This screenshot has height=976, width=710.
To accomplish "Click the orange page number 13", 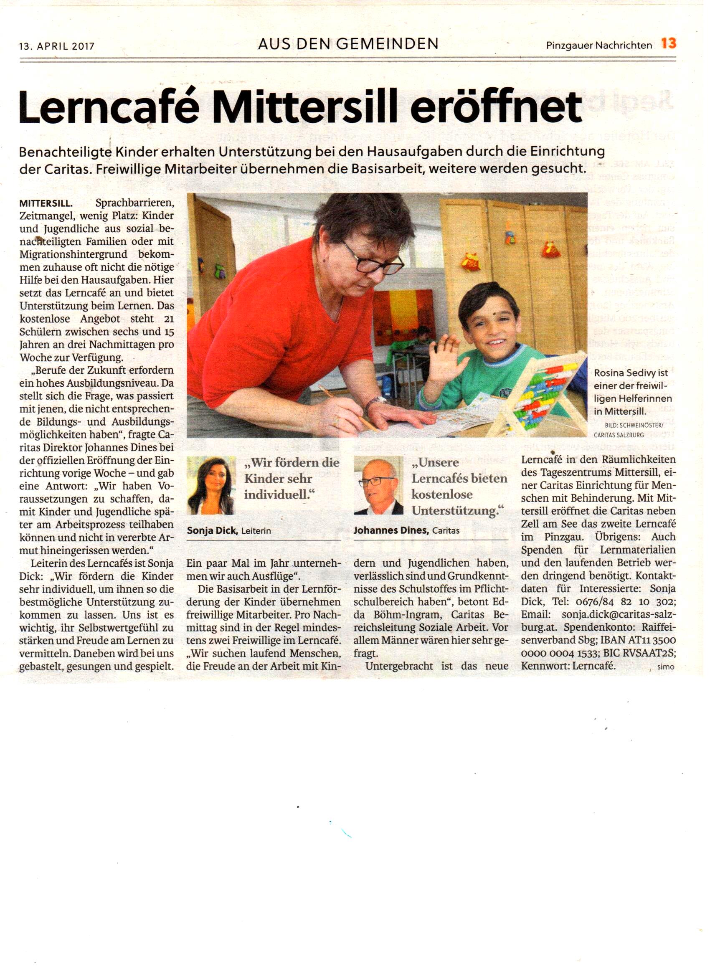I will [669, 43].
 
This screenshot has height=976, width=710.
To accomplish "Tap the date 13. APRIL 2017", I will [56, 46].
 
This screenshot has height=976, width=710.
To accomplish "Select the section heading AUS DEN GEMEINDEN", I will [348, 44].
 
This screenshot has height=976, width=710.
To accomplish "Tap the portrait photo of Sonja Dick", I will [211, 485].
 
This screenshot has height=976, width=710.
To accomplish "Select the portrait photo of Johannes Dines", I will [378, 485].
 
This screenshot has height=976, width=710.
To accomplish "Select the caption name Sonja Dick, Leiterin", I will [229, 531].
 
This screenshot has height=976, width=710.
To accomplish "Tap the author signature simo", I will [666, 667].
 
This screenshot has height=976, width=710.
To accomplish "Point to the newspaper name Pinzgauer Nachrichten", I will [599, 45].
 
